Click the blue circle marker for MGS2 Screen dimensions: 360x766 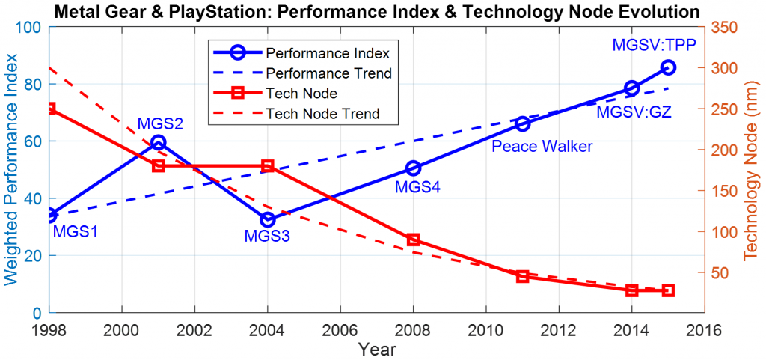tap(158, 142)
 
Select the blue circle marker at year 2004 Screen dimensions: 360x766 tap(268, 219)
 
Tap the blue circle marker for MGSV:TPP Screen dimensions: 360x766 tap(668, 67)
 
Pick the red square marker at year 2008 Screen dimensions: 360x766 tap(413, 240)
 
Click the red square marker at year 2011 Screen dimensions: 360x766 tap(523, 276)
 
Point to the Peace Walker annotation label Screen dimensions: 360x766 tap(542, 147)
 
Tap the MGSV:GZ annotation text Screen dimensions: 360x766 tap(634, 112)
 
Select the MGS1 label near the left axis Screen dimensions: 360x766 tap(76, 232)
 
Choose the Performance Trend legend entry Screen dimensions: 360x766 tap(329, 73)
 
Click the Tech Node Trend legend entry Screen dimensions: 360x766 tap(322, 114)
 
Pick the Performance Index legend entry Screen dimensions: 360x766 tap(328, 53)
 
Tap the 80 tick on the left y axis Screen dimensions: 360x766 tap(34, 85)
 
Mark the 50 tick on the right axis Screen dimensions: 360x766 tap(720, 272)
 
